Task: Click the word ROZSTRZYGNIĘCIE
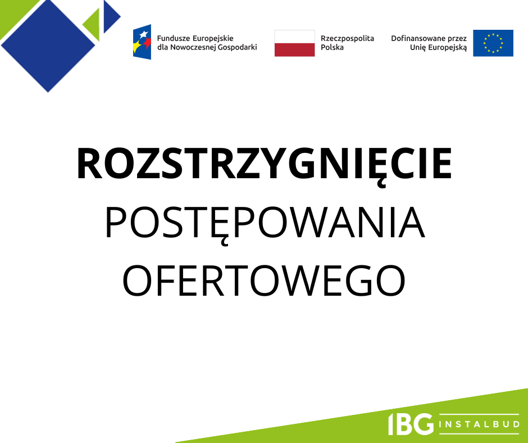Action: pos(265,165)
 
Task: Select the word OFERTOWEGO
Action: pos(263,281)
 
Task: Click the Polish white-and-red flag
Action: pos(295,43)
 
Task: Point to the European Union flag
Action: pos(493,43)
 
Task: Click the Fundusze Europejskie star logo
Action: pos(142,42)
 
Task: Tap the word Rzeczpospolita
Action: pos(347,39)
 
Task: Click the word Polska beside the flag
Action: pos(332,48)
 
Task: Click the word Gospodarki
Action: pos(237,48)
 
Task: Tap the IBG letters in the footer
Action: pos(411,424)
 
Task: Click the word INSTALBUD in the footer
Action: pos(479,424)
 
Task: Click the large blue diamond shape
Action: pos(48,46)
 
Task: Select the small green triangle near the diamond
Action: pos(91,25)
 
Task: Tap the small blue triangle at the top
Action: pos(112,16)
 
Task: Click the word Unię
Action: pos(417,48)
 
